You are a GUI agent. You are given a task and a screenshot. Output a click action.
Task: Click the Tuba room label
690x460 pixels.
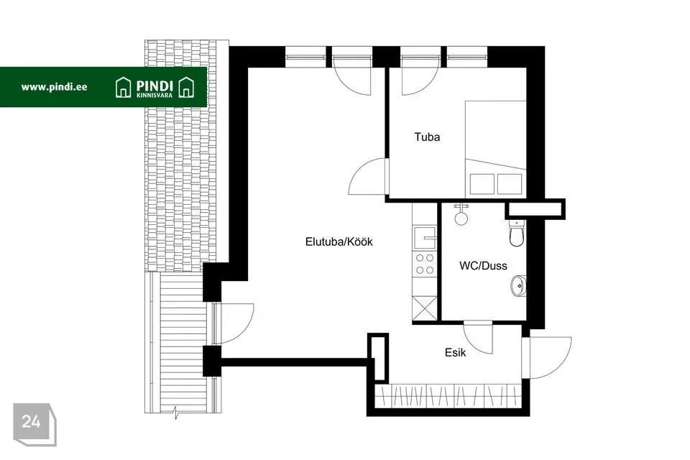coord(427,137)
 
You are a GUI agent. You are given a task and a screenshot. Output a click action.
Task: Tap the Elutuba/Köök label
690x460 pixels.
coord(339,241)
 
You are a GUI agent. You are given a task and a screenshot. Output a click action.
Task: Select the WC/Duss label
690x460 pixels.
coord(483,266)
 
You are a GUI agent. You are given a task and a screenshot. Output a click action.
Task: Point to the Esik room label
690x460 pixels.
coord(455,352)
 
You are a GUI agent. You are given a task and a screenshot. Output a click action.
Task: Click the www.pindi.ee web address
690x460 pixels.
coord(54,87)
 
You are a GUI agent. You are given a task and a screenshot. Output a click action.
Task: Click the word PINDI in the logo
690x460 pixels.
coord(155,86)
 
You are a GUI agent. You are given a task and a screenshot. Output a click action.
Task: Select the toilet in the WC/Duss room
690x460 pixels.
coord(517,233)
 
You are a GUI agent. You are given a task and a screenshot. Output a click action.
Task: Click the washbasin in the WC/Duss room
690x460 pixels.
coord(518,286)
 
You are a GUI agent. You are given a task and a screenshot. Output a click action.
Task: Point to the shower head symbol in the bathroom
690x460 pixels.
coord(461,214)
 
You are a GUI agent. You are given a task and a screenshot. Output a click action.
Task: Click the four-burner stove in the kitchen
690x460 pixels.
coord(425,264)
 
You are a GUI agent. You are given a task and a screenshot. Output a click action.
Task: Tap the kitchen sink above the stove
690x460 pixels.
coord(425,238)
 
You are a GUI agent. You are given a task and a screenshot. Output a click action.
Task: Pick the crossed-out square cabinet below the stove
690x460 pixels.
coord(425,308)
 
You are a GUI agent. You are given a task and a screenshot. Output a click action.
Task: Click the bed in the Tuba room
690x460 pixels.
coord(496,149)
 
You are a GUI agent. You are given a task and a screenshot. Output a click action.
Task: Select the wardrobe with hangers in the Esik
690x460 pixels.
coord(448,396)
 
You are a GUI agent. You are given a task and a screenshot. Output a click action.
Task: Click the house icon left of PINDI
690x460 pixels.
coord(123,87)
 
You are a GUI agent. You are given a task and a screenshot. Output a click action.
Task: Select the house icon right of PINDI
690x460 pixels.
coord(187,87)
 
